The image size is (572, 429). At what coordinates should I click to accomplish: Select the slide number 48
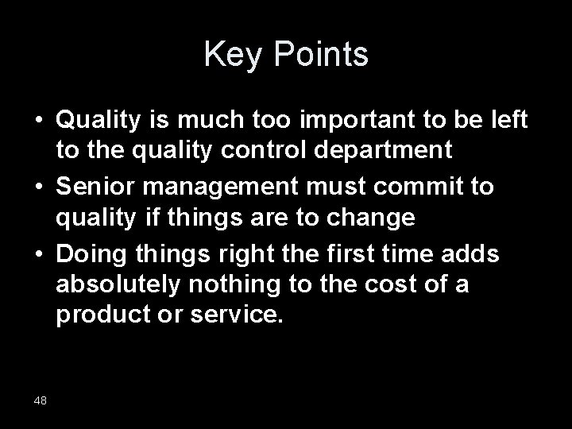(41, 400)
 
